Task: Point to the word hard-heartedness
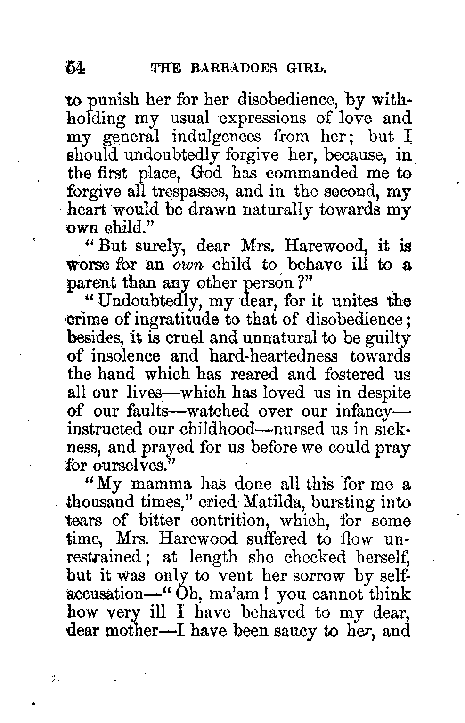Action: point(275,356)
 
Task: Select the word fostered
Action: point(354,375)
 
